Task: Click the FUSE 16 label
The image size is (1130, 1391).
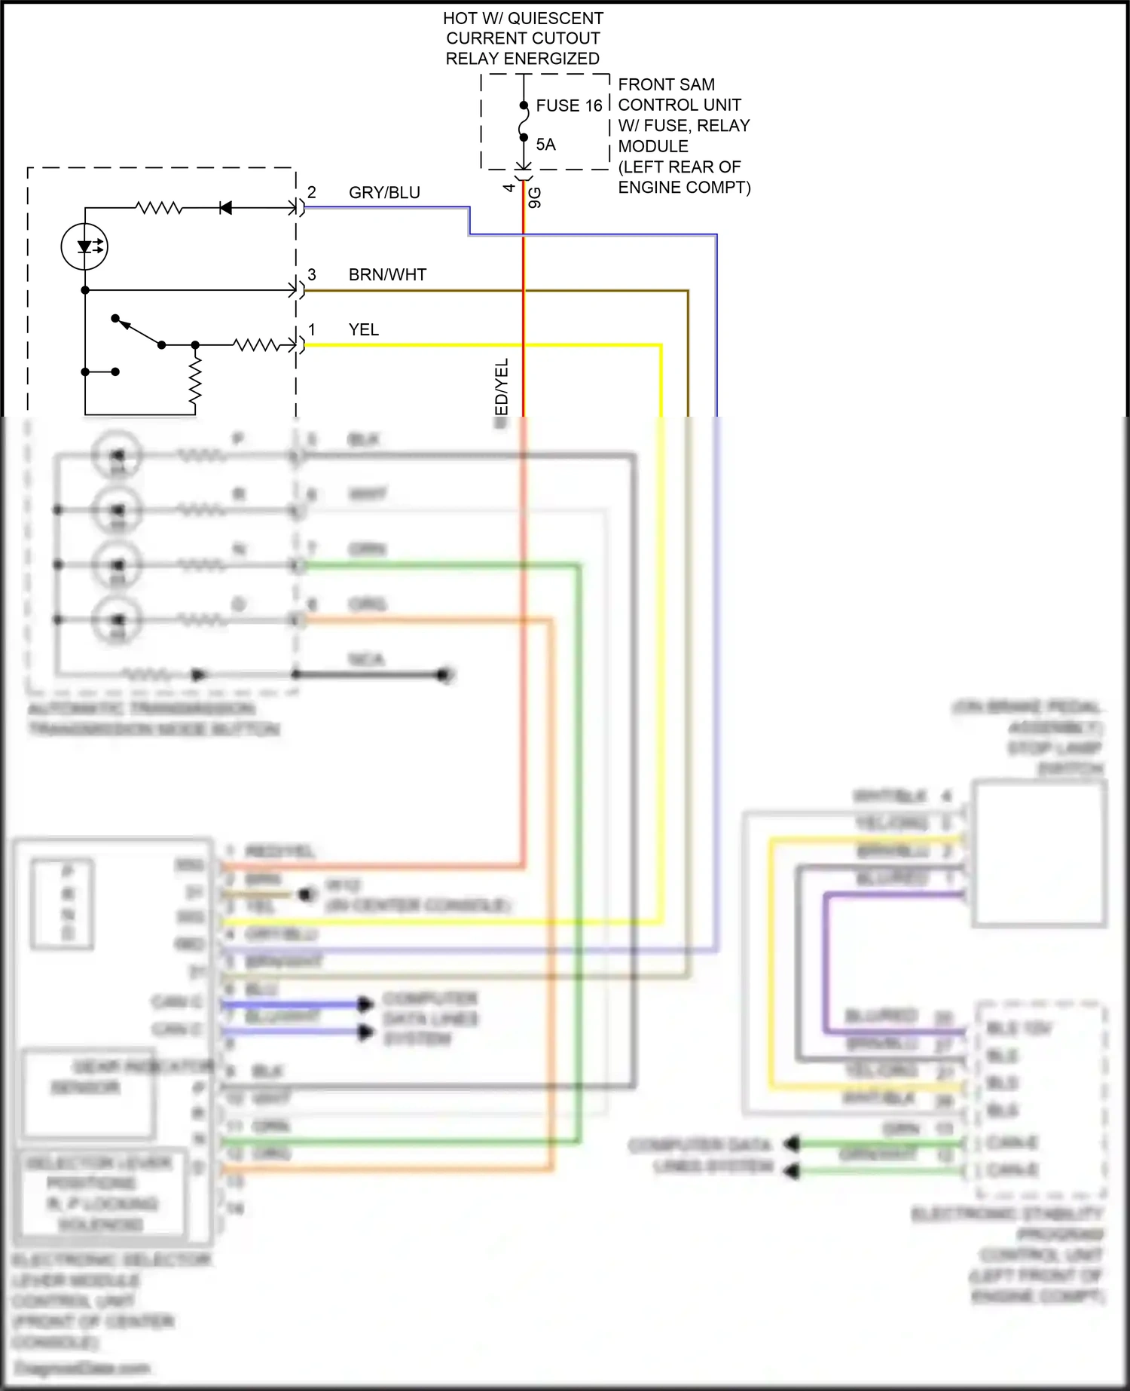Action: (x=569, y=105)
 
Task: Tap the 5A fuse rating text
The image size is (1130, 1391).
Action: (x=545, y=145)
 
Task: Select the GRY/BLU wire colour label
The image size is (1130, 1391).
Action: (x=384, y=193)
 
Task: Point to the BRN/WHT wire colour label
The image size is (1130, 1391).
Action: (x=387, y=275)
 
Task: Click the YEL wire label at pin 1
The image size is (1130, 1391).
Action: (x=363, y=330)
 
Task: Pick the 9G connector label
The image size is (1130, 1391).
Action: (x=535, y=197)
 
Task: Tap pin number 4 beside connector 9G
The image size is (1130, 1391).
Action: (x=509, y=187)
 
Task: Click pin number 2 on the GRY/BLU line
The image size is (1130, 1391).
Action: (x=312, y=192)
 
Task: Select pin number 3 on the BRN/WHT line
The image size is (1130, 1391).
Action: (x=312, y=274)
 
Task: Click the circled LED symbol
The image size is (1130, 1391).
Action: (x=84, y=246)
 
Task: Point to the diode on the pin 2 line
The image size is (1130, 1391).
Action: (x=224, y=208)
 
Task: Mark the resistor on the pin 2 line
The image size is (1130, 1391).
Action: (x=158, y=208)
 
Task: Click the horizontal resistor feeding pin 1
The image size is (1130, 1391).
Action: (x=256, y=345)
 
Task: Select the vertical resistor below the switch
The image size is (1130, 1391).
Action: (x=196, y=381)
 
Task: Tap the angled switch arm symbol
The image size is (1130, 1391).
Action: (x=138, y=332)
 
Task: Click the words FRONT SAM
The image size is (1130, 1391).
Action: (x=666, y=84)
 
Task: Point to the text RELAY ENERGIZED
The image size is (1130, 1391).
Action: (x=522, y=59)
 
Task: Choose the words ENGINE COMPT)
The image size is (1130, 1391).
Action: (x=684, y=187)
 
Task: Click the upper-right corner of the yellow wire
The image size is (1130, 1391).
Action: (x=661, y=346)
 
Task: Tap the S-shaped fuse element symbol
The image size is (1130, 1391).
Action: (x=524, y=121)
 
